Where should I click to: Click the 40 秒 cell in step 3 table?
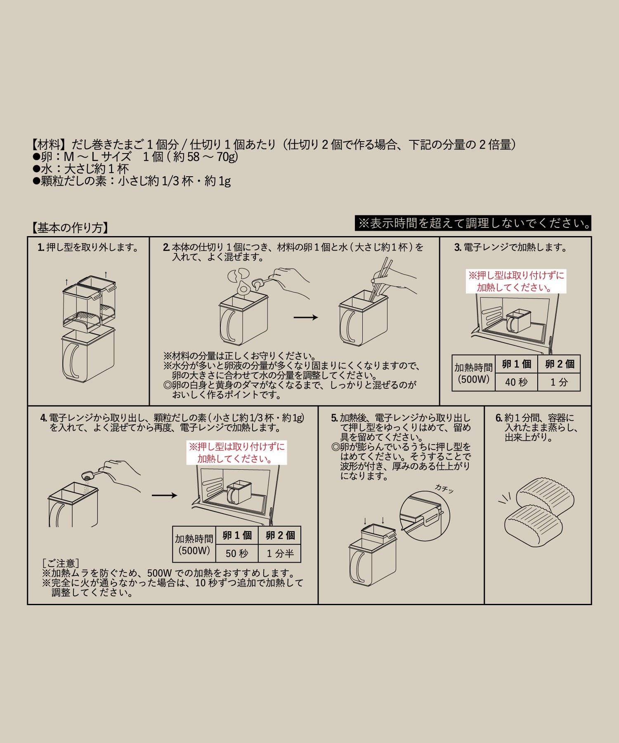click(516, 382)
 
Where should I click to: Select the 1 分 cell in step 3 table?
click(559, 382)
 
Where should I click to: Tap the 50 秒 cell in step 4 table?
click(237, 554)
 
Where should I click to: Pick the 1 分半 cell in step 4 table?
click(280, 554)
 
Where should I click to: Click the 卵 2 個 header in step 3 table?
click(559, 364)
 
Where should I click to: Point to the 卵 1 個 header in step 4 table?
click(237, 535)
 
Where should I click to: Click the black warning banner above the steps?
click(473, 223)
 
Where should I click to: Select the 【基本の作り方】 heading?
click(70, 228)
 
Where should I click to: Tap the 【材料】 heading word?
click(49, 144)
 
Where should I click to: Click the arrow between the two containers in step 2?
click(306, 317)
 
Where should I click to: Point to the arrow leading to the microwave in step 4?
click(164, 495)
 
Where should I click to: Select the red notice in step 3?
click(516, 282)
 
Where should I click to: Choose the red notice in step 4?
click(236, 453)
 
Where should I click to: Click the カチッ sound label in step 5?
click(444, 489)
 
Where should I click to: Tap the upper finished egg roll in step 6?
click(546, 497)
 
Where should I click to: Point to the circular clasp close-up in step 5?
click(425, 516)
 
